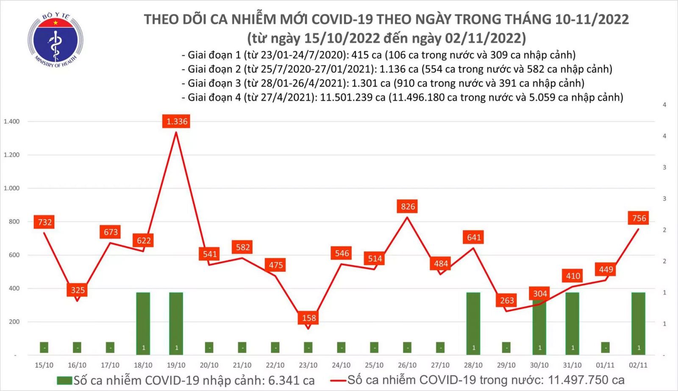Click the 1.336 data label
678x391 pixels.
pos(177,122)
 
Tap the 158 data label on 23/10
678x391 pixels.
pos(309,318)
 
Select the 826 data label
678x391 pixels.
pos(408,207)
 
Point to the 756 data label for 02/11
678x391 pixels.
pos(639,218)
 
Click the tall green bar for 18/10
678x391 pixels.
pos(143,323)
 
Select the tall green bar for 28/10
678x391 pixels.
pos(473,323)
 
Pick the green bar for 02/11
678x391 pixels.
pos(638,323)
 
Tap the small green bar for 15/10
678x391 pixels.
pos(44,347)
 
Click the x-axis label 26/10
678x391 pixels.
pos(407,365)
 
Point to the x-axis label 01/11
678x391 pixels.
pos(605,365)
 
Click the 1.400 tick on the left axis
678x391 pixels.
pos(12,122)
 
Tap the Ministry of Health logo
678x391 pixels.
pos(55,40)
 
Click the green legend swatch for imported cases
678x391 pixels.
pos(64,380)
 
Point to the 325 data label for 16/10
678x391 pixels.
pos(78,290)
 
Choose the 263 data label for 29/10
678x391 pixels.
pos(507,301)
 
